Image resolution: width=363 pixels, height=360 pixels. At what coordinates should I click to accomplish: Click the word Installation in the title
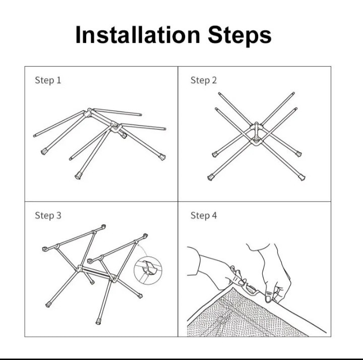coord(138,35)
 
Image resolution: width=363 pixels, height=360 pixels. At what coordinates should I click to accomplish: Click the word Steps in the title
coord(239,36)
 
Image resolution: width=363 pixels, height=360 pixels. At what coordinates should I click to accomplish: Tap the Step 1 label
coord(48,80)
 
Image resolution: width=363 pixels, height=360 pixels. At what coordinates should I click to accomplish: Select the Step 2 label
coord(204,80)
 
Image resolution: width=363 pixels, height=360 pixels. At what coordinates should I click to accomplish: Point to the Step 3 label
coord(48,215)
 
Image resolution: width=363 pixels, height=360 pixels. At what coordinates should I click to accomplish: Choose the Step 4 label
coord(204,215)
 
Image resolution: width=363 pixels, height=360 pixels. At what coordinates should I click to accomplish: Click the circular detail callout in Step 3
coord(148,270)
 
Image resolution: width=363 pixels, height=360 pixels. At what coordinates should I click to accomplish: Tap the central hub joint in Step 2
coord(256,134)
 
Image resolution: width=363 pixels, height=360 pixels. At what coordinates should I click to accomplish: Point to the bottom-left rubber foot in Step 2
coord(211,177)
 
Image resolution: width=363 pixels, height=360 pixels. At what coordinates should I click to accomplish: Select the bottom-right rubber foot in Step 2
coord(302,177)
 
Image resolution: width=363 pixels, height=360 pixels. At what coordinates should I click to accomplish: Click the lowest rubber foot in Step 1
coord(78,176)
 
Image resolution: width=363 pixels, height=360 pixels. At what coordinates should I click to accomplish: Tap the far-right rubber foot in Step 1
coord(162,157)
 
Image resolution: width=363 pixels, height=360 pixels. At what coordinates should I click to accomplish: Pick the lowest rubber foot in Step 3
coord(98,321)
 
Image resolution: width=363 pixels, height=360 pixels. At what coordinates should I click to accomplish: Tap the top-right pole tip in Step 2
coord(293,93)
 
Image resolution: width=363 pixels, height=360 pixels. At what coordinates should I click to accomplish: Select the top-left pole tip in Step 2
coord(220,94)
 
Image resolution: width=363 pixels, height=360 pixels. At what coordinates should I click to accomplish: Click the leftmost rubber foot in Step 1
coord(44,152)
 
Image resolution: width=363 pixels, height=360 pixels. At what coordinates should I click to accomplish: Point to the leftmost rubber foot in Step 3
coord(48,305)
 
